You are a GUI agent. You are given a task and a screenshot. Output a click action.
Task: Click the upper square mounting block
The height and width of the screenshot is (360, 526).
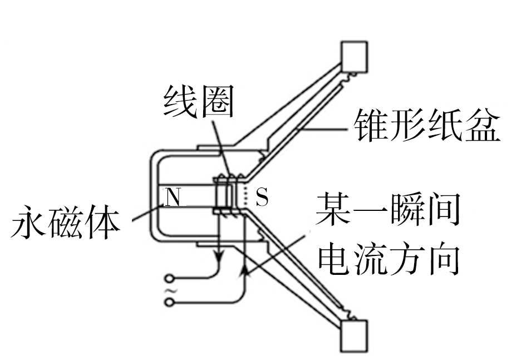point(355,57)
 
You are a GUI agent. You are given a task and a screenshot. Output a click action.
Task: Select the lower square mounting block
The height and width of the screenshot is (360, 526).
point(355,336)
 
